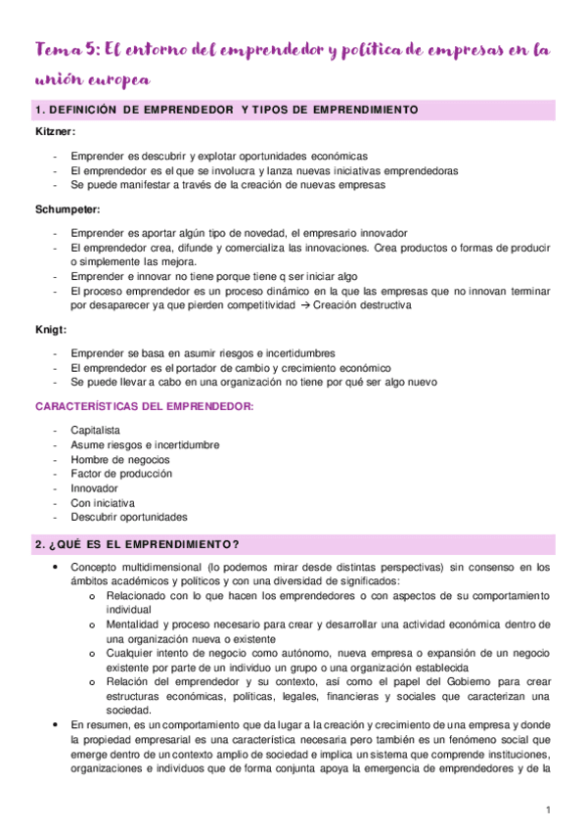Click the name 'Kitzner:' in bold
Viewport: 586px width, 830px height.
[x=55, y=131]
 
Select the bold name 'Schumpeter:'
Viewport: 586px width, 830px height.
[x=67, y=208]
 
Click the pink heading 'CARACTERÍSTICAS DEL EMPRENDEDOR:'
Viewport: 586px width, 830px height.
[x=146, y=405]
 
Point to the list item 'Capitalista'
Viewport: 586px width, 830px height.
[x=96, y=430]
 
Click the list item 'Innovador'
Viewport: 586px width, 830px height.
[x=95, y=488]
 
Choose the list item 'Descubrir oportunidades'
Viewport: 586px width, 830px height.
[x=129, y=518]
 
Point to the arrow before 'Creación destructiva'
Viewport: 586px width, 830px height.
[x=305, y=305]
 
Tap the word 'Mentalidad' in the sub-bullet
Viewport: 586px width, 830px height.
[x=133, y=623]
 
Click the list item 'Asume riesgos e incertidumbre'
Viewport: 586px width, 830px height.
[x=145, y=444]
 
